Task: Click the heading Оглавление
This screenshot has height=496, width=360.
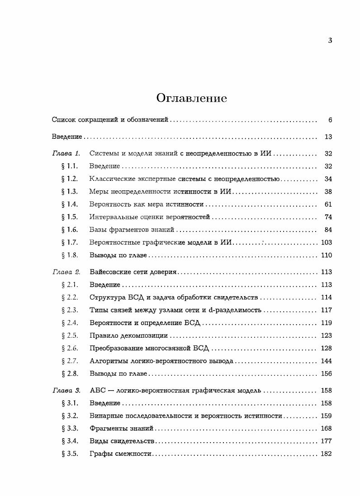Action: [x=191, y=98]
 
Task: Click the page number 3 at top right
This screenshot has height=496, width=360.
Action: [x=330, y=41]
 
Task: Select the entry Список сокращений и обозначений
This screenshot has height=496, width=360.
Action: [x=110, y=120]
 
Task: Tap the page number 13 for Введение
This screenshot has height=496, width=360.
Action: [x=328, y=137]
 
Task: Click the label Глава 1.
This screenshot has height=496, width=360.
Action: [x=66, y=153]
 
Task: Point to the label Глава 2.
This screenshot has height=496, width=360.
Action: [x=66, y=272]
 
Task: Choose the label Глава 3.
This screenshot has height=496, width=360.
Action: [x=66, y=390]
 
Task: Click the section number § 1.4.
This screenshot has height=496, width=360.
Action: [x=69, y=204]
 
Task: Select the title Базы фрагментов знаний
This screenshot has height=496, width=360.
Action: [x=132, y=230]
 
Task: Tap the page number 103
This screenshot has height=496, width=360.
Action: [x=326, y=242]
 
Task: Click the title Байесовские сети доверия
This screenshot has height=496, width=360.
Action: [x=133, y=272]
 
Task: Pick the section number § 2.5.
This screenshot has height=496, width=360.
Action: [x=69, y=335]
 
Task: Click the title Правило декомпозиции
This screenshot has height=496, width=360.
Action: [x=128, y=335]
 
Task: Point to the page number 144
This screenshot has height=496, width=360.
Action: [x=326, y=361]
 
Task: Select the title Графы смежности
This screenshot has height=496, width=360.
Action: [x=119, y=453]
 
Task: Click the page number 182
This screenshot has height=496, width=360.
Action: [x=326, y=453]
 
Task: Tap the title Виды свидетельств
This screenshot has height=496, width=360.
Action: [x=122, y=441]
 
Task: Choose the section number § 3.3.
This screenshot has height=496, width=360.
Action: [x=69, y=428]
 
